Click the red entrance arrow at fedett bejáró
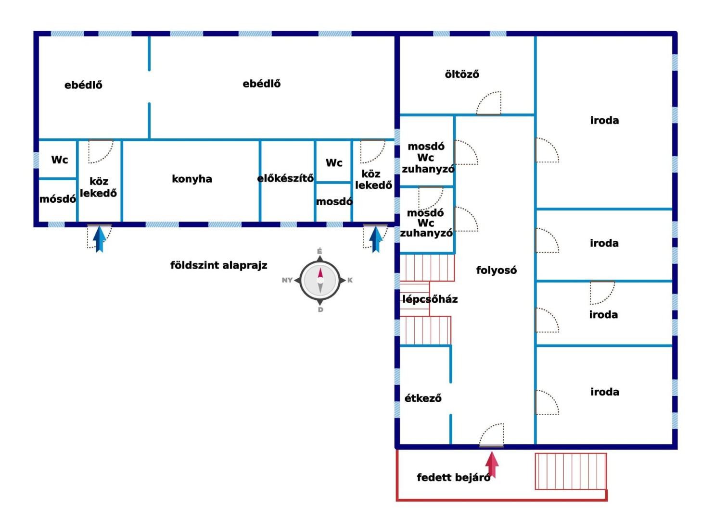[491, 465]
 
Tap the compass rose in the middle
[320, 280]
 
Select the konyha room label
[192, 179]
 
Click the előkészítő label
[285, 178]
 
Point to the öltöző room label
[462, 74]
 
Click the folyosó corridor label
[496, 270]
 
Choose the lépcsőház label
[430, 299]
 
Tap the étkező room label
[423, 398]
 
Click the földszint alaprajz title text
[218, 265]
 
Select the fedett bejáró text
[453, 477]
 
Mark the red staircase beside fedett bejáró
[570, 471]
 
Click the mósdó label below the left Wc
[58, 199]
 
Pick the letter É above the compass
[319, 251]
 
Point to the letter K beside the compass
[350, 280]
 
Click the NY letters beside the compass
[287, 280]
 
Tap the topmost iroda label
[604, 120]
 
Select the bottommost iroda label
[605, 392]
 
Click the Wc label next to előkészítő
[334, 162]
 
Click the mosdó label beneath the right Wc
[334, 201]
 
